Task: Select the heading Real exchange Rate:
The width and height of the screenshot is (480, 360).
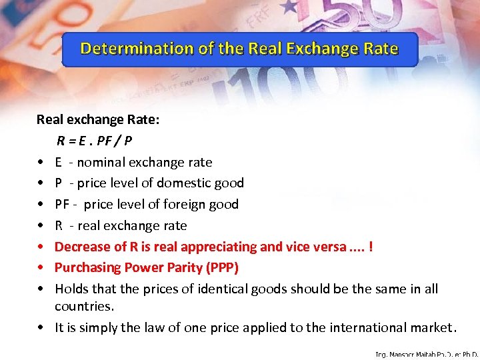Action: pos(97,119)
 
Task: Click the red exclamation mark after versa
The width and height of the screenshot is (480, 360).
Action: pos(371,247)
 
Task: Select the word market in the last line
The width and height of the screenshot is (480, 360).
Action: pos(431,327)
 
